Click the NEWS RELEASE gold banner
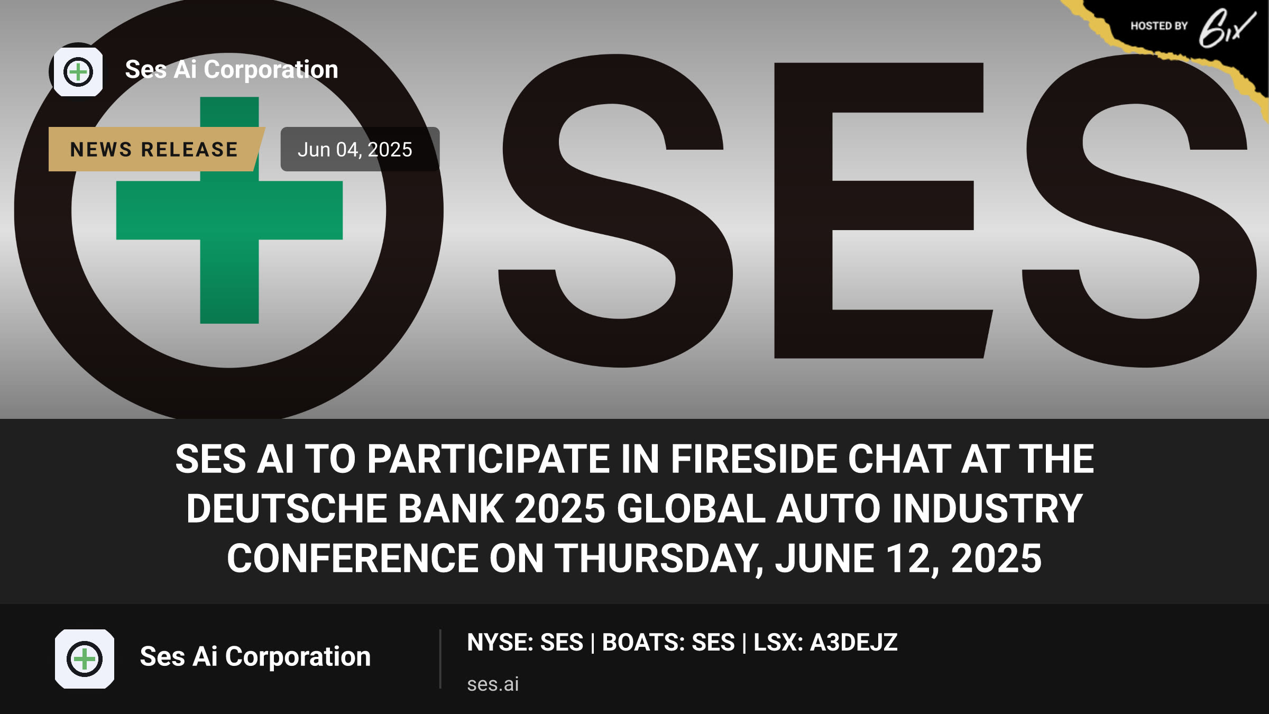pyautogui.click(x=154, y=149)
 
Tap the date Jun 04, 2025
pyautogui.click(x=355, y=150)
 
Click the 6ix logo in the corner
pyautogui.click(x=1227, y=28)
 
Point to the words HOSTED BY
pyautogui.click(x=1159, y=26)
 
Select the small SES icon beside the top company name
pyautogui.click(x=78, y=72)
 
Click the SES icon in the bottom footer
pyautogui.click(x=85, y=659)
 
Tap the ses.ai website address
pyautogui.click(x=493, y=684)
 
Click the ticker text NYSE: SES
pyautogui.click(x=525, y=643)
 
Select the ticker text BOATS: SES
pyautogui.click(x=668, y=643)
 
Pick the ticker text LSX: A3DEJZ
pyautogui.click(x=825, y=643)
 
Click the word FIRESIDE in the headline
pyautogui.click(x=754, y=459)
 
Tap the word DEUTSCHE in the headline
pyautogui.click(x=286, y=508)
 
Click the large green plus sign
pyautogui.click(x=229, y=210)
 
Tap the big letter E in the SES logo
pyautogui.click(x=883, y=210)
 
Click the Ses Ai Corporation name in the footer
pyautogui.click(x=255, y=656)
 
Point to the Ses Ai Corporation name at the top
pyautogui.click(x=232, y=69)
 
